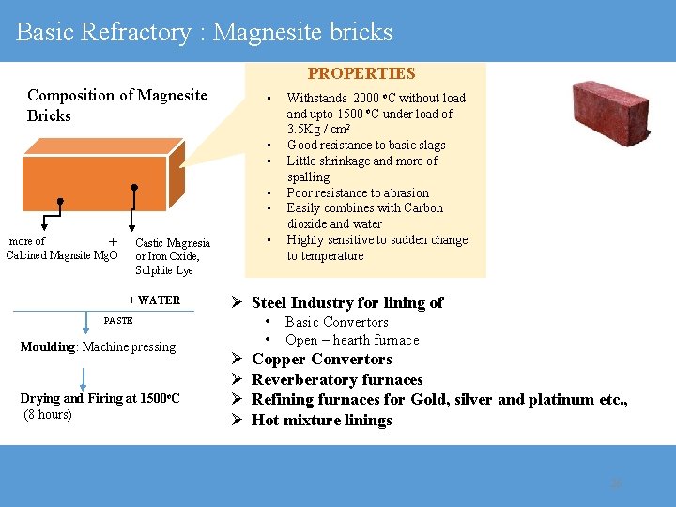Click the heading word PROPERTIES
[361, 73]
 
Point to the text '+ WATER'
[154, 300]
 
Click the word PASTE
[118, 321]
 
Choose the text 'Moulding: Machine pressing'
[98, 346]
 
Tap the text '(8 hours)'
[48, 414]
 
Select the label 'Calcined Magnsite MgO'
[62, 255]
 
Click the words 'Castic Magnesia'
[173, 242]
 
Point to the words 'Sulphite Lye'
[163, 270]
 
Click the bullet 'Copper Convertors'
[321, 360]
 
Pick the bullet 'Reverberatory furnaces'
[337, 379]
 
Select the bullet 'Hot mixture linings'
[321, 420]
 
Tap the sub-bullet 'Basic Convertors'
[336, 322]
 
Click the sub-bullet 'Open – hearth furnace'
[352, 340]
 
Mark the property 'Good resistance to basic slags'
[365, 145]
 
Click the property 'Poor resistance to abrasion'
[357, 192]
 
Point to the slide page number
[616, 483]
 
